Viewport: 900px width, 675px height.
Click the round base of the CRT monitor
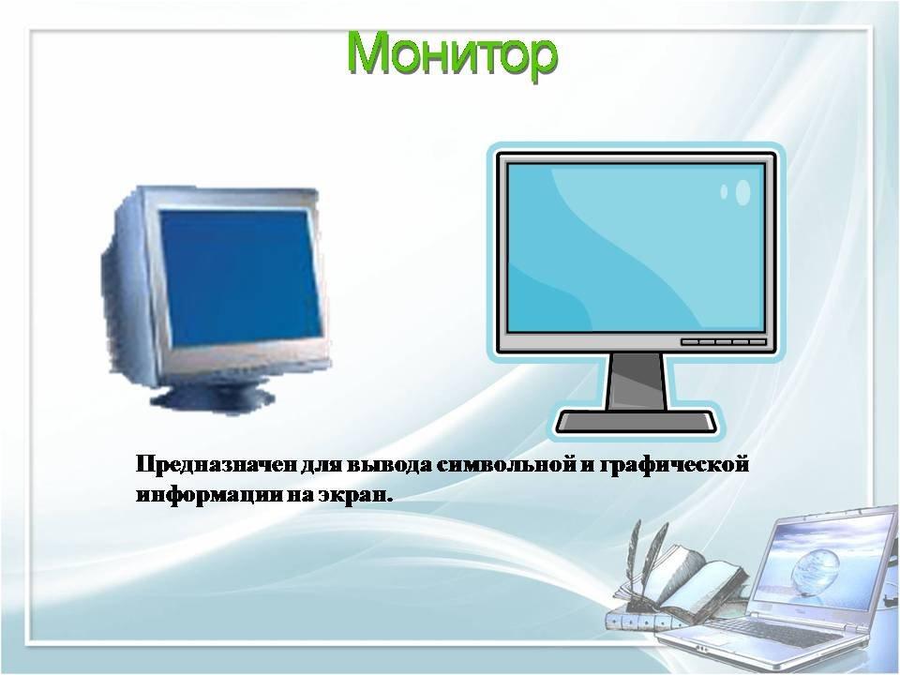click(213, 395)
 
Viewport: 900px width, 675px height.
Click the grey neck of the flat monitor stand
click(637, 382)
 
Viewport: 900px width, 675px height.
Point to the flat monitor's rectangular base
click(637, 422)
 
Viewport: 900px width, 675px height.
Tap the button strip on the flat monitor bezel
click(723, 342)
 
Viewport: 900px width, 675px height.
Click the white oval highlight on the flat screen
click(742, 192)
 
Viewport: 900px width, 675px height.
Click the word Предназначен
click(217, 464)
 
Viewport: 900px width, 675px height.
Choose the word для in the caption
click(323, 464)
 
